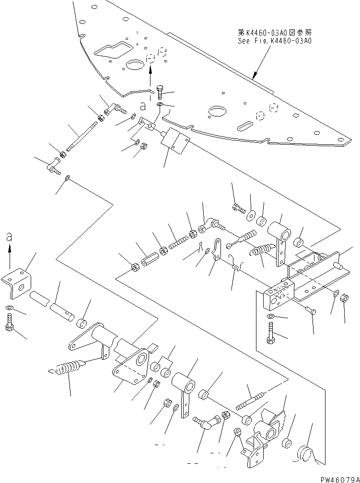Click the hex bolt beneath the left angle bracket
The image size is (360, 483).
pos(10,322)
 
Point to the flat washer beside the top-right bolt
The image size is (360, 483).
pos(250,212)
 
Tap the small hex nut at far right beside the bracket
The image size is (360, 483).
pos(343,298)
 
